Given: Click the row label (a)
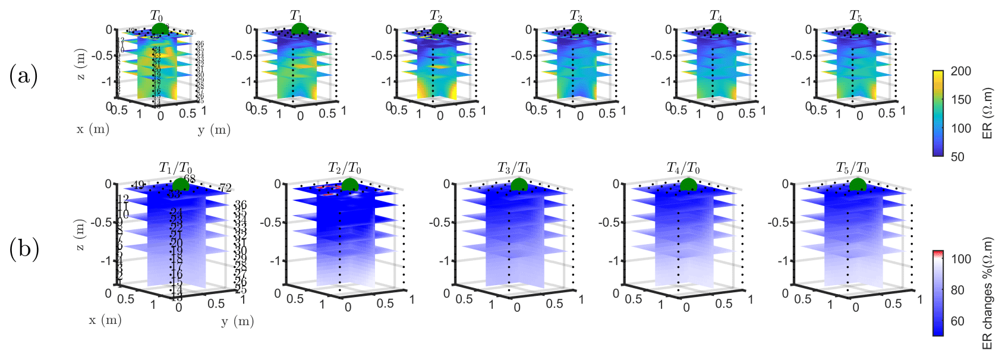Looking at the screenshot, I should pos(24,77).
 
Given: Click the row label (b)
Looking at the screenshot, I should pos(24,249).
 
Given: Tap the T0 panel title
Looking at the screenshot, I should pos(156,17).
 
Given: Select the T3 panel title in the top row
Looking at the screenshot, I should pos(576,17).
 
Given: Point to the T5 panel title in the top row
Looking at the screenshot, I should pos(855,17).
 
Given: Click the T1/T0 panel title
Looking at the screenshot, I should pos(176,169).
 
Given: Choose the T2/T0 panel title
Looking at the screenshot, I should pos(345,169).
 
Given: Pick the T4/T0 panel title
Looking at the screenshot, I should pos(683,169).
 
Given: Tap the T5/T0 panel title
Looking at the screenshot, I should pos(853,169).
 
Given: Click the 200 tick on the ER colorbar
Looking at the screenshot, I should pos(961,71).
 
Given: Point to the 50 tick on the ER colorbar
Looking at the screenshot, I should pos(957,157).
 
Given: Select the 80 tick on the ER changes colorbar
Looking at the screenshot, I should pos(957,290).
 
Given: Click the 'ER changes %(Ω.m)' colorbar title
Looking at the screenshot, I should pos(987,293).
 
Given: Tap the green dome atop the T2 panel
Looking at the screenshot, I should pos(436,29).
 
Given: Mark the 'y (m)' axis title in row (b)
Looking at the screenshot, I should pos(237,321).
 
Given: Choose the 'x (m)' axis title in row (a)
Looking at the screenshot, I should pos(93,129).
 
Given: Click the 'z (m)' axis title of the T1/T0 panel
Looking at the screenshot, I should pos(81,235).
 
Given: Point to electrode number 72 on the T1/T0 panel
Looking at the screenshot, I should pos(225,188).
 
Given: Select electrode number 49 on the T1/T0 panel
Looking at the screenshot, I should pos(138,185).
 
